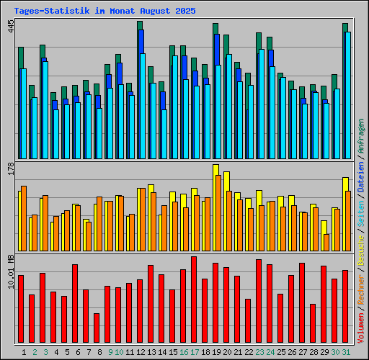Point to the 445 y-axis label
10,27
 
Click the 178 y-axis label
10,168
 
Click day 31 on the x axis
346,352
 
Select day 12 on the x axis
141,352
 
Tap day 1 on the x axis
25,352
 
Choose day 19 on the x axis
216,352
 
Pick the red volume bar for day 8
97,328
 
